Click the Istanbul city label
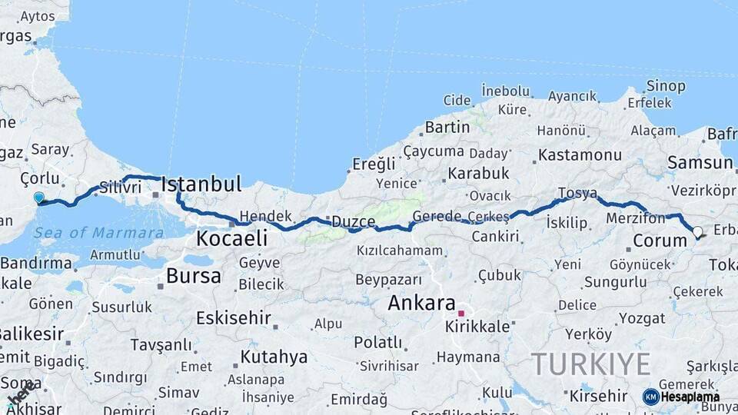point(201,184)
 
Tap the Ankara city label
point(421,303)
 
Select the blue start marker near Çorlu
point(39,198)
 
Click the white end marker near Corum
point(697,231)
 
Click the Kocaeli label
point(231,238)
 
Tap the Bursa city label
point(193,276)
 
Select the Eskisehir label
point(233,317)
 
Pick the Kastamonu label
point(580,155)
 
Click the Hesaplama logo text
point(690,397)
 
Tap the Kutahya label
point(274,357)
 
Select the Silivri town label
point(120,187)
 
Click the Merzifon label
point(635,218)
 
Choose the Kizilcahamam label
point(400,251)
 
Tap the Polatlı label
point(377,342)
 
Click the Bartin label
point(447,127)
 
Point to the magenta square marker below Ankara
point(461,314)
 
